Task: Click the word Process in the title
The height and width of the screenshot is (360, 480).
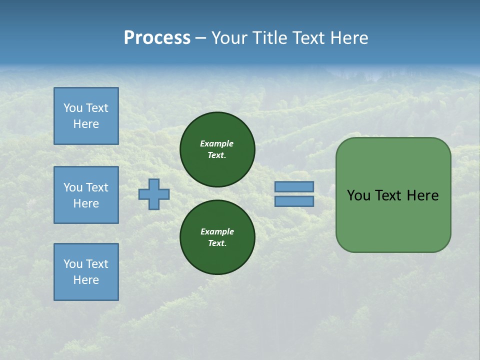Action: point(157,38)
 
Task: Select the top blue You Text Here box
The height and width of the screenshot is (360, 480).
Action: point(86,116)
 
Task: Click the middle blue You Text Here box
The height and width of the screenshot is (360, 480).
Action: point(86,195)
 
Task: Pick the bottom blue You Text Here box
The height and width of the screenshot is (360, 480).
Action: point(86,272)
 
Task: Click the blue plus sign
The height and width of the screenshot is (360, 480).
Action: point(154,194)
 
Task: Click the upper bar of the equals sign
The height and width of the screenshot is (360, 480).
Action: point(294,186)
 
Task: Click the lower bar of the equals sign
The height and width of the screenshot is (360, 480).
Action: point(294,201)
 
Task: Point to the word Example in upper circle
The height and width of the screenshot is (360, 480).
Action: point(217,143)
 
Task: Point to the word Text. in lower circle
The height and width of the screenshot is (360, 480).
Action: point(217,243)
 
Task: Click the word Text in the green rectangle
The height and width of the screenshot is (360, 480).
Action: point(388,195)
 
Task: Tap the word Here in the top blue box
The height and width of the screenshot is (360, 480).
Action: point(86,124)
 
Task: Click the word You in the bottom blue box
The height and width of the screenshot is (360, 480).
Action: point(72,264)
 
